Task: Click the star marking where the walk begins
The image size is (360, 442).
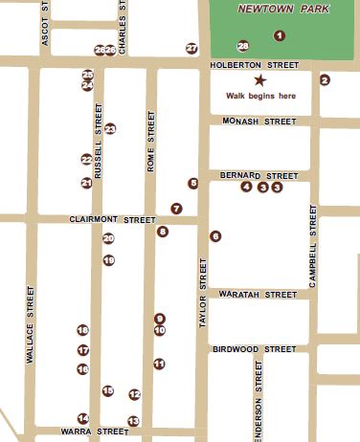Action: click(259, 81)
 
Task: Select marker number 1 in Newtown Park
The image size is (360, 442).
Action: click(280, 35)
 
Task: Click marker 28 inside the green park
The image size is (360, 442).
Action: click(243, 46)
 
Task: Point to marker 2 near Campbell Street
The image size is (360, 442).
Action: click(325, 79)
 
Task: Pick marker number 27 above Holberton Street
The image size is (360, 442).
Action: click(191, 48)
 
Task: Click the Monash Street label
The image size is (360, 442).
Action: click(259, 122)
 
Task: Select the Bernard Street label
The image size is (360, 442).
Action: click(259, 176)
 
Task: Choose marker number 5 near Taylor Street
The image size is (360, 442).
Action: click(193, 183)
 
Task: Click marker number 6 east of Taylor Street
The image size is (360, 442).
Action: click(215, 235)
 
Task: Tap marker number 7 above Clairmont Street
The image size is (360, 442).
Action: click(176, 208)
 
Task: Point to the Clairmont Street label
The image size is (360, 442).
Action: click(112, 220)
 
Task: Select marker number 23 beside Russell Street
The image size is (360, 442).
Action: click(110, 128)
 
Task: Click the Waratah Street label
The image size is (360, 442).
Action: click(259, 295)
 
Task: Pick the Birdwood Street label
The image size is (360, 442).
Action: click(255, 349)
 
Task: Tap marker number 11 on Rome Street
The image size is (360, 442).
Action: click(159, 364)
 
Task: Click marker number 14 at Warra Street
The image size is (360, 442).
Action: click(83, 418)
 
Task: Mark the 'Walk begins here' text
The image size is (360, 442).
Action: click(260, 96)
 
